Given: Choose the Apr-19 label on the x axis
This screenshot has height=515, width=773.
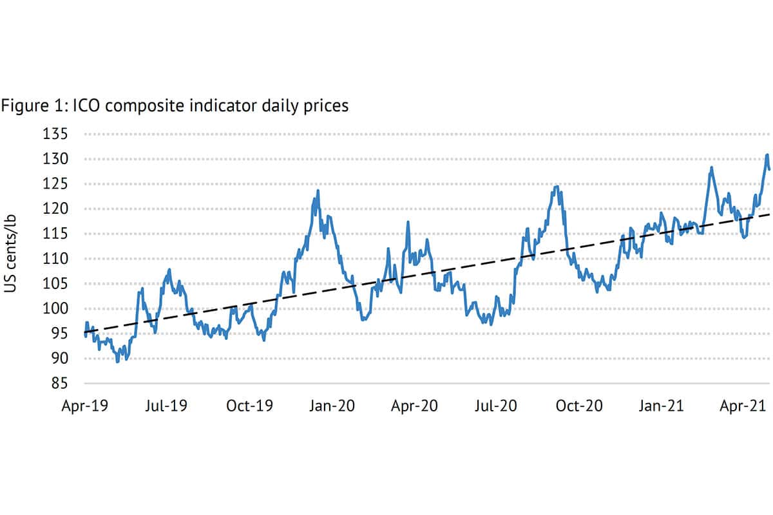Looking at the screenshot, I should pyautogui.click(x=84, y=407).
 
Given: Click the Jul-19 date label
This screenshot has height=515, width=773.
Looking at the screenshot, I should pyautogui.click(x=166, y=407).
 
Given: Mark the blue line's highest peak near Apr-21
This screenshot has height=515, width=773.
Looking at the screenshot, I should pyautogui.click(x=767, y=154).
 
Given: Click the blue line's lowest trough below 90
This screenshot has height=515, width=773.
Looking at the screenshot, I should pyautogui.click(x=117, y=362).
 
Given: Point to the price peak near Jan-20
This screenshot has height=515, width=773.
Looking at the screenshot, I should pyautogui.click(x=318, y=191).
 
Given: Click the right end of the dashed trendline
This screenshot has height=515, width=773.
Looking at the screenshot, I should pyautogui.click(x=769, y=214).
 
